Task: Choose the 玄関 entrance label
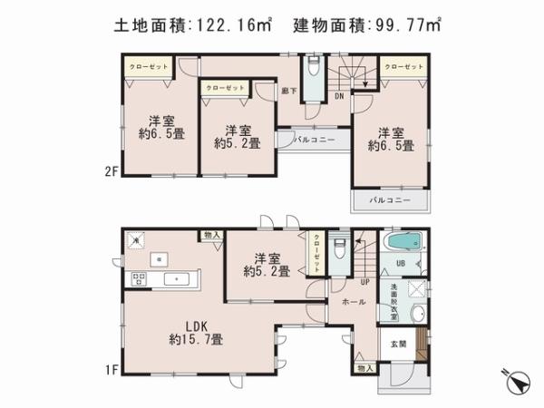coord(397,342)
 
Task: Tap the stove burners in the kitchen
coord(141,277)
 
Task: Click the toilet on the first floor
coord(338,248)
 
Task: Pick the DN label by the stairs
coord(339,95)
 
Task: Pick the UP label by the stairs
coord(364,282)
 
